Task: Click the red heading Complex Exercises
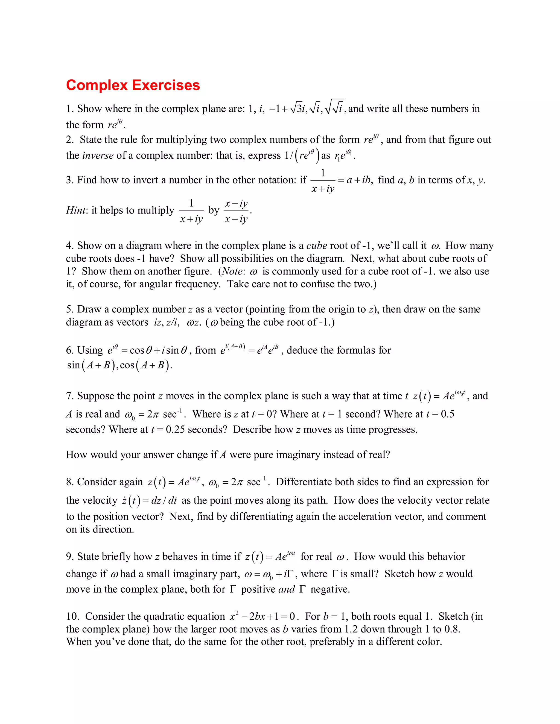pyautogui.click(x=133, y=85)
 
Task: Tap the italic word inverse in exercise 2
pyautogui.click(x=98, y=155)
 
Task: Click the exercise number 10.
pyautogui.click(x=72, y=616)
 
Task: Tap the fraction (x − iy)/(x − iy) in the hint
pyautogui.click(x=236, y=211)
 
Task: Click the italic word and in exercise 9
pyautogui.click(x=287, y=589)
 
